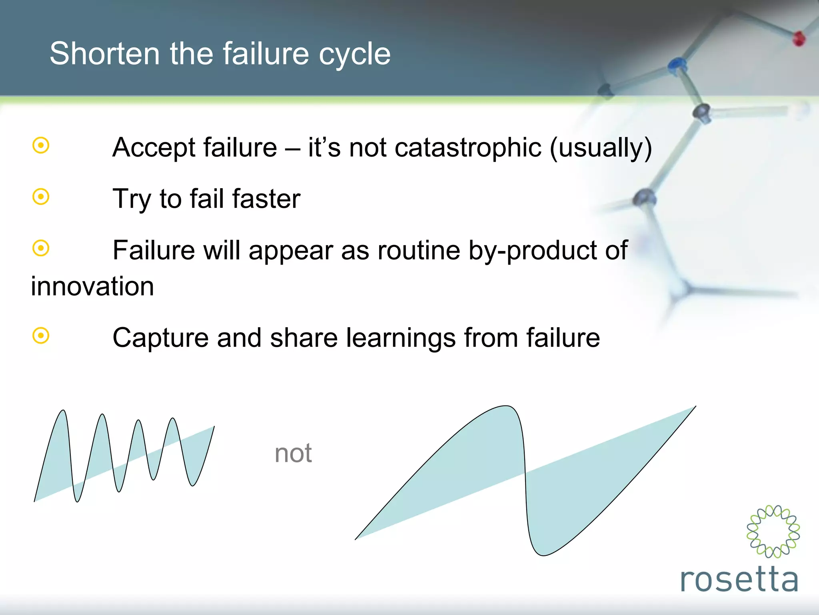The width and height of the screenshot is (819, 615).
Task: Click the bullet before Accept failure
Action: (x=41, y=145)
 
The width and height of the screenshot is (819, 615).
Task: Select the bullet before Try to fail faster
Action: (x=41, y=197)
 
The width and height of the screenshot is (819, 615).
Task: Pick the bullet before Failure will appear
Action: (x=41, y=248)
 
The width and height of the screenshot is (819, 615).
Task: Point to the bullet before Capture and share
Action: (x=41, y=336)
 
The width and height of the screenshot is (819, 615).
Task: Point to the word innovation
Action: (x=92, y=286)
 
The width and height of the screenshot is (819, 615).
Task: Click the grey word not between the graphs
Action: (x=293, y=453)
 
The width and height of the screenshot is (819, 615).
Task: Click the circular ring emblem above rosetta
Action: (x=773, y=531)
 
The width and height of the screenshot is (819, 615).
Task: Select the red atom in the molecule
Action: (x=799, y=39)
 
